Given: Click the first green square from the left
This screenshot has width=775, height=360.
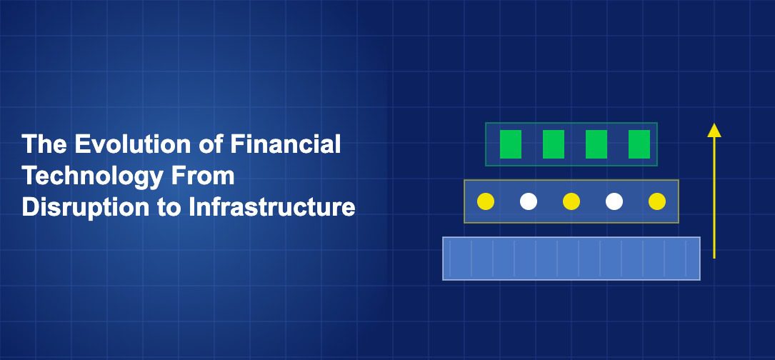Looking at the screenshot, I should (511, 144).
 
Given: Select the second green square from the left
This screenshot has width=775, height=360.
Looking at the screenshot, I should (554, 144).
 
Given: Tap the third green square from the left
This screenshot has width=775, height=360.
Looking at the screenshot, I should (596, 144).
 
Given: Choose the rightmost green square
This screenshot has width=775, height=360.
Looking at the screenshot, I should (639, 144).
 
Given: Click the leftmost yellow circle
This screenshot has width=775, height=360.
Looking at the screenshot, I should (486, 201).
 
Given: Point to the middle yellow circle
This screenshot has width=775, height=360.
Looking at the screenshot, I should (571, 201).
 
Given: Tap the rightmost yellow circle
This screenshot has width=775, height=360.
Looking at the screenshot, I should (657, 201).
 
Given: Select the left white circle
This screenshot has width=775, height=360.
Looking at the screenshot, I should (529, 201).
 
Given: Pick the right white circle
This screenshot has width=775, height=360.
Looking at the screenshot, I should (614, 201).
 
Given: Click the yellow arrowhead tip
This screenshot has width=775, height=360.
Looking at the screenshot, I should (714, 125).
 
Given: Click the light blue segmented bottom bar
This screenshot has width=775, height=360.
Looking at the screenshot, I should (571, 259).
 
